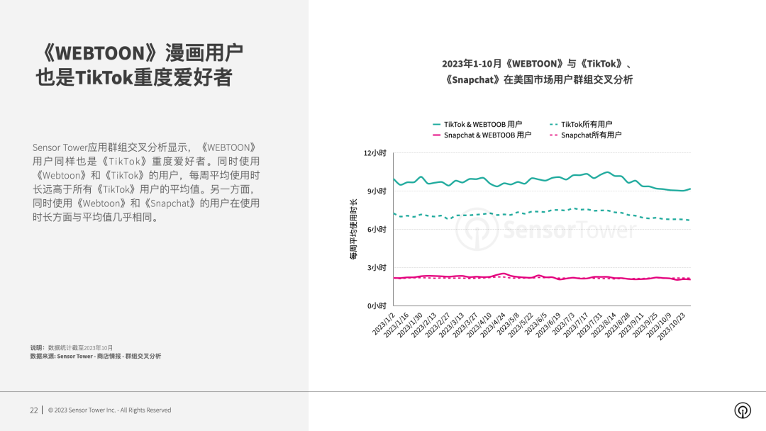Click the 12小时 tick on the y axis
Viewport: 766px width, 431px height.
tap(375, 153)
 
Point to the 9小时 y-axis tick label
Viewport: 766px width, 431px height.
tap(377, 191)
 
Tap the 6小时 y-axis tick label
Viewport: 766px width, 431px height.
tap(377, 230)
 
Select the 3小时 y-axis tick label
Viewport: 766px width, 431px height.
tap(377, 268)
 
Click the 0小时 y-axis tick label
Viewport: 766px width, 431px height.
tap(377, 306)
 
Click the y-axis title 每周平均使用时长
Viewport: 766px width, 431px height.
tap(353, 230)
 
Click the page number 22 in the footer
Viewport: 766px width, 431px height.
tap(34, 410)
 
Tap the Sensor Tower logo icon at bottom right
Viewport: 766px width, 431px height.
tap(743, 410)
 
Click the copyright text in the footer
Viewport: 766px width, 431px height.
tap(109, 410)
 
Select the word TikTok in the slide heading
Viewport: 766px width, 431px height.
tap(104, 77)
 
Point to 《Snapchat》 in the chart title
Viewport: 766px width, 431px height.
tap(474, 80)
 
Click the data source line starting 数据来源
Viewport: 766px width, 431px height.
tap(96, 356)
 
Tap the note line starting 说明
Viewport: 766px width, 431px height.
tap(72, 347)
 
